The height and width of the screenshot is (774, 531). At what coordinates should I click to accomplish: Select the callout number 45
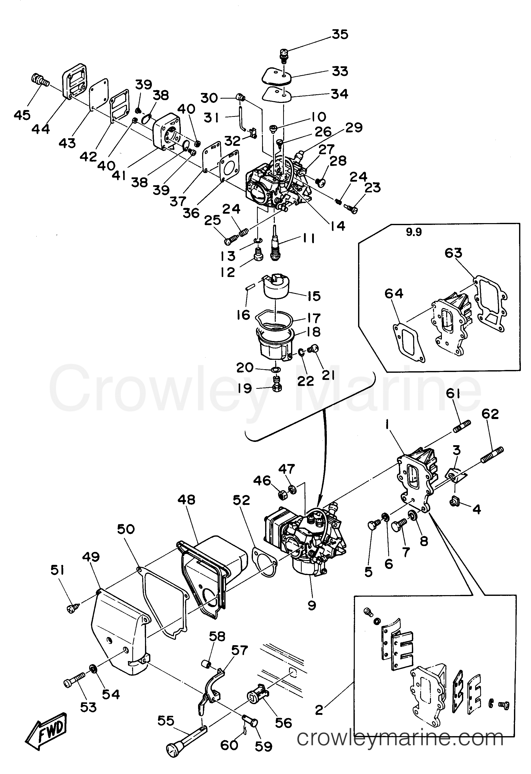click(x=22, y=115)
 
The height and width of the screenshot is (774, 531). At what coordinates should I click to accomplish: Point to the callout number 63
click(x=454, y=253)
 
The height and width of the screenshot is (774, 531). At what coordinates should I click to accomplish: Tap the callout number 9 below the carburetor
click(x=312, y=605)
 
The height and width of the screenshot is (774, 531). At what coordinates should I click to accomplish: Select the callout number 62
click(x=490, y=414)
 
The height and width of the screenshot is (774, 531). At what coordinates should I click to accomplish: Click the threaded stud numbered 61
click(x=462, y=427)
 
